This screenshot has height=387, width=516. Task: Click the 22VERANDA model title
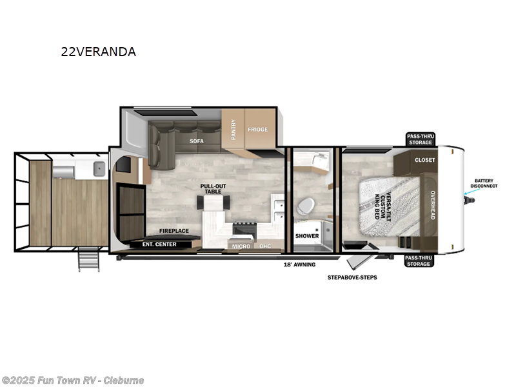(x=98, y=52)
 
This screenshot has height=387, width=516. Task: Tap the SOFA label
(x=197, y=141)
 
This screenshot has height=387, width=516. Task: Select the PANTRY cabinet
(x=233, y=131)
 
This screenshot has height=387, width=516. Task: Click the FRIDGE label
(x=258, y=130)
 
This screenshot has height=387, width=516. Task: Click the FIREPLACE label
(x=174, y=230)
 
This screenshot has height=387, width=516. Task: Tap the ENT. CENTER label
(x=159, y=244)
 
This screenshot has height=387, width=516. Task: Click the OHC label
(x=265, y=246)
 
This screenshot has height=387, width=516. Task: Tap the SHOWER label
(x=307, y=236)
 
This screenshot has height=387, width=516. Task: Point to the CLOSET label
(x=424, y=160)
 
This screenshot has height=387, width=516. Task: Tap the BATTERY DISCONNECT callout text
(x=485, y=183)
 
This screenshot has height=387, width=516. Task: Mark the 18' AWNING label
(x=300, y=264)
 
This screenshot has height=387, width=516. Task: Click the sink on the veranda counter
(x=99, y=170)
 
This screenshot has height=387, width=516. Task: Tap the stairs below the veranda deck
(x=87, y=261)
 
